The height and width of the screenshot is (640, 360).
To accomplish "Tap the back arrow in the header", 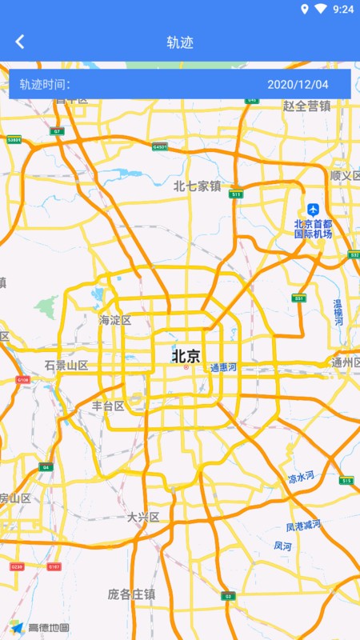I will click(x=20, y=42).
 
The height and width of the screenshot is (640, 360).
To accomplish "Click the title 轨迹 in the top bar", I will click(x=180, y=42).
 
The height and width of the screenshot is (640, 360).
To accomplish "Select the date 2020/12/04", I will click(x=298, y=84).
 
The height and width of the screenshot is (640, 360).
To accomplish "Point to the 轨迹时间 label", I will click(x=45, y=84).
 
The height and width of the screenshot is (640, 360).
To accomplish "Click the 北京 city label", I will click(x=186, y=355).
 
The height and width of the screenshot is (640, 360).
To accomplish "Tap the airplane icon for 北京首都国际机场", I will click(x=313, y=210).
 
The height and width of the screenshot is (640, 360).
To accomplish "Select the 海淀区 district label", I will click(x=115, y=320).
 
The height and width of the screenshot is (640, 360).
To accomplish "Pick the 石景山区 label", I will click(x=66, y=365).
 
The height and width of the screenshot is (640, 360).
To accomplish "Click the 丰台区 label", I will click(x=108, y=406).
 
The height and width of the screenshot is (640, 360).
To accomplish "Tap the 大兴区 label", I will click(x=144, y=518).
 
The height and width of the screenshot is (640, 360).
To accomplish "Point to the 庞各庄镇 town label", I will click(x=132, y=594).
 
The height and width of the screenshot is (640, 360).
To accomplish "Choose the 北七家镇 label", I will click(x=197, y=186).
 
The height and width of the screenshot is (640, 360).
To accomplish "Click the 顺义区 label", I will click(x=346, y=175).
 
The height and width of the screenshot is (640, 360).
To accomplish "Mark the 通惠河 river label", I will click(x=224, y=368).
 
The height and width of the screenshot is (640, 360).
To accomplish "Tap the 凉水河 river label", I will click(x=302, y=478).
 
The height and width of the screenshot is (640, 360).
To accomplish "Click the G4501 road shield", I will click(x=160, y=146).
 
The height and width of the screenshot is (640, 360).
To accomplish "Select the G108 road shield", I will click(x=22, y=379).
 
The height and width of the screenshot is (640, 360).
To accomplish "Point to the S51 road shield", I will click(x=298, y=298).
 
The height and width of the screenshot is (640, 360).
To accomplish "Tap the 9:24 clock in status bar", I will click(x=343, y=10).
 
